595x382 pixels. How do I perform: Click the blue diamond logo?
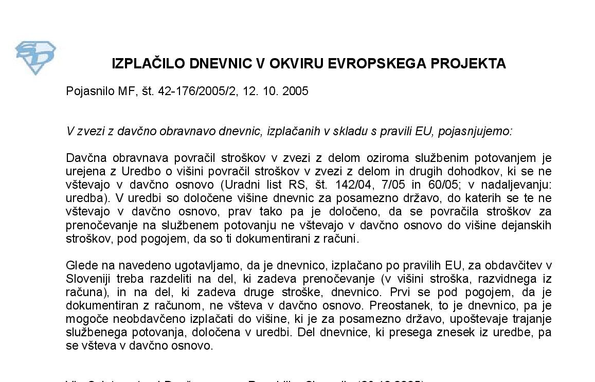coord(35,57)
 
